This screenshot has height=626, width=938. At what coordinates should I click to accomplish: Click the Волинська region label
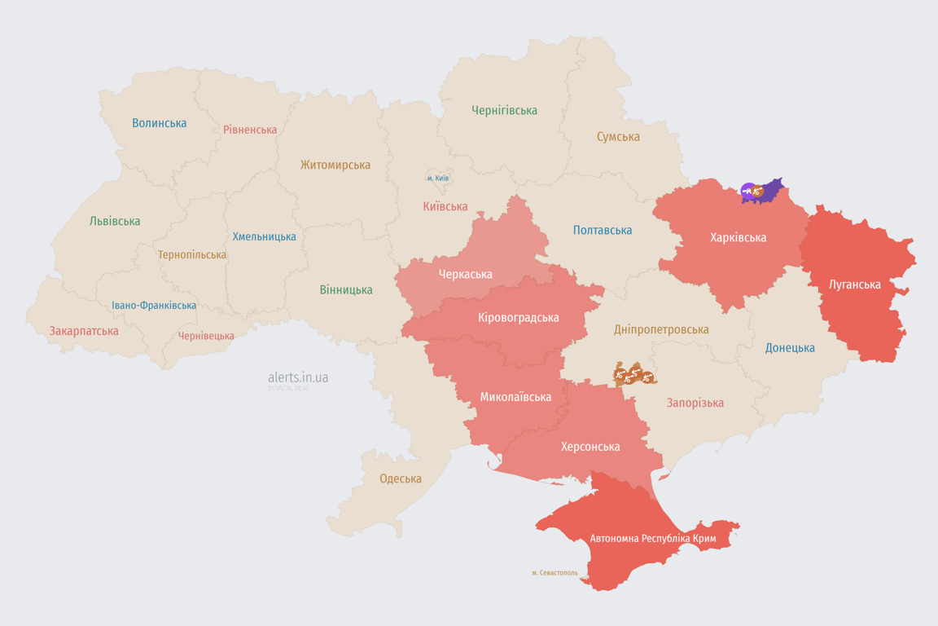160,123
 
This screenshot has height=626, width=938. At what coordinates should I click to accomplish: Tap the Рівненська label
250,130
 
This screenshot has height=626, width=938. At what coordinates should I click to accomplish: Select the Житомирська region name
335,165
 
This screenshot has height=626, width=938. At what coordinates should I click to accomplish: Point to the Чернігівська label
504,110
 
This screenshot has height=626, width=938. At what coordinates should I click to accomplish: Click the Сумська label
618,137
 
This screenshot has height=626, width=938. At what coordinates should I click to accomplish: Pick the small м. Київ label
437,178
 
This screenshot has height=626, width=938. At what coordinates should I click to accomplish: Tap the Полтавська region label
603,230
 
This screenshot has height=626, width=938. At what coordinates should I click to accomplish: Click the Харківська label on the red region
738,237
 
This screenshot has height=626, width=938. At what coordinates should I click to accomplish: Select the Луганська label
855,284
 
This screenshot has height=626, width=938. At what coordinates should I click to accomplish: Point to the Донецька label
790,348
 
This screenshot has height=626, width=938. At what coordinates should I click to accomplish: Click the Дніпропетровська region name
661,329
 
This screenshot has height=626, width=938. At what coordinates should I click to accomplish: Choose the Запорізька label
695,403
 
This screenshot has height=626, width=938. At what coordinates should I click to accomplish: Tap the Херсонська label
590,447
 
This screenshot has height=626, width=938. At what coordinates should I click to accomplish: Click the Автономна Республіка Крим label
651,539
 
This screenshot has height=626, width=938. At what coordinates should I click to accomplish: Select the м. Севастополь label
554,573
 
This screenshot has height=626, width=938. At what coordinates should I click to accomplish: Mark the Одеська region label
401,478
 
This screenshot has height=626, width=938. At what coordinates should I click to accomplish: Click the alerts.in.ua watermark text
298,377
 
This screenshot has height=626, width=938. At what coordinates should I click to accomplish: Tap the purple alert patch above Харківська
769,189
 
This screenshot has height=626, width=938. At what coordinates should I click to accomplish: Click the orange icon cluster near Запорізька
634,375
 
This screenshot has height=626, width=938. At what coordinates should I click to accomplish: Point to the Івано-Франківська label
154,306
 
